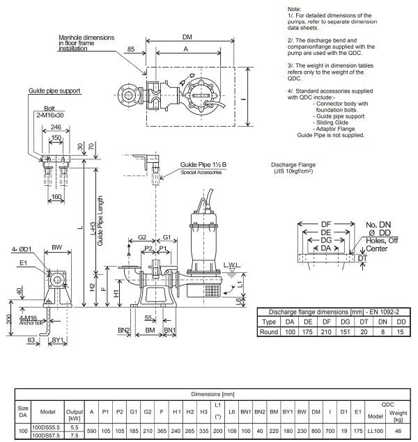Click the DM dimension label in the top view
[187, 37]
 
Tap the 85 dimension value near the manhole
[131, 49]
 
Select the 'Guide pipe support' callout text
[54, 90]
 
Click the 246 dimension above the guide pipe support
[56, 127]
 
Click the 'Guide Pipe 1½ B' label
[203, 165]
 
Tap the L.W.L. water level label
[232, 265]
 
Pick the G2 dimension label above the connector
[142, 237]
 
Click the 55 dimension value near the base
[148, 318]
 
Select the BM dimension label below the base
[150, 330]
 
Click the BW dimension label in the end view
[57, 248]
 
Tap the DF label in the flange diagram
[326, 224]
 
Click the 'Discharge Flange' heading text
[293, 165]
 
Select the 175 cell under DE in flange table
[308, 332]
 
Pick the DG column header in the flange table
[346, 322]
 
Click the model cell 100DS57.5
[46, 436]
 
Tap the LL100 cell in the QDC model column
[376, 431]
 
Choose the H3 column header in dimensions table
[204, 412]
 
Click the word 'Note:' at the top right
[295, 9]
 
